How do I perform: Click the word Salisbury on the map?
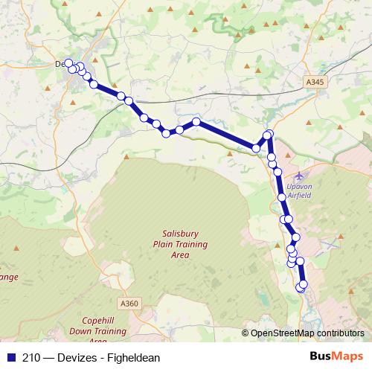pyautogui.click(x=170, y=234)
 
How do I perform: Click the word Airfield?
pyautogui.click(x=299, y=196)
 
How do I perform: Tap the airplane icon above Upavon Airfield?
pyautogui.click(x=299, y=176)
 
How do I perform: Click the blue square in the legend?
pyautogui.click(x=9, y=358)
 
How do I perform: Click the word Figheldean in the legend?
pyautogui.click(x=135, y=358)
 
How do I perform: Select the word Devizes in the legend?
pyautogui.click(x=78, y=358)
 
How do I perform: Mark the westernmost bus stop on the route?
pyautogui.click(x=68, y=63)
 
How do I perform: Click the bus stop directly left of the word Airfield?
pyautogui.click(x=281, y=197)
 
